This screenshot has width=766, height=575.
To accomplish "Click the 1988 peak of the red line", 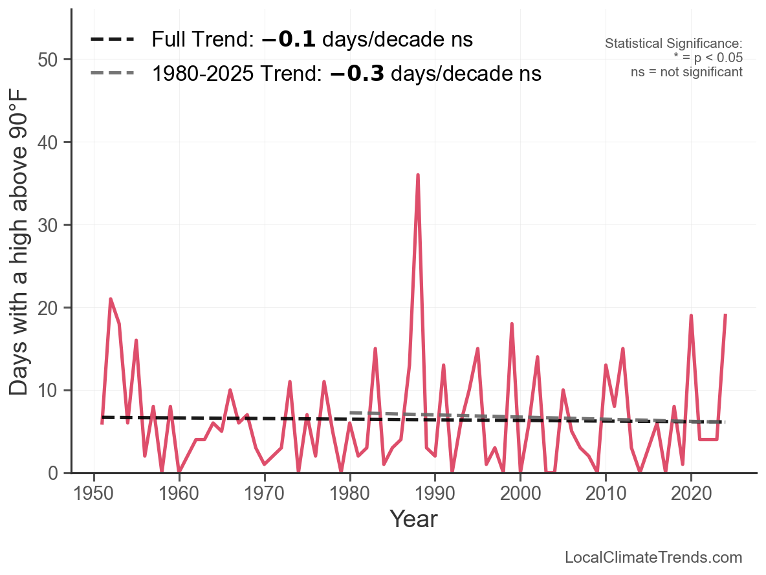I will coord(418,175).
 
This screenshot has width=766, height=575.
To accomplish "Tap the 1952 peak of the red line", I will coord(111,299).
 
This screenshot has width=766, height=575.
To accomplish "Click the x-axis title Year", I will coord(413,519).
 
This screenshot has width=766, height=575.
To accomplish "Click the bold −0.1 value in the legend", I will coord(289,40).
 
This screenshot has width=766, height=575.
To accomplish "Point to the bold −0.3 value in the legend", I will coord(357,74).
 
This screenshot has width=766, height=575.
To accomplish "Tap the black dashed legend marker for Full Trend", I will coord(112,40).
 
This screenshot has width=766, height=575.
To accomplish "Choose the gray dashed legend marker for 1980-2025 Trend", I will coord(112,73).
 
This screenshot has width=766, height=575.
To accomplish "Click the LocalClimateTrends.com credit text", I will coord(653,558).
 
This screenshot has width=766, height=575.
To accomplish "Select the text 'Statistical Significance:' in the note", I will coord(673,44).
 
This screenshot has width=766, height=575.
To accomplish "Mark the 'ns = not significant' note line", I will coord(686,72).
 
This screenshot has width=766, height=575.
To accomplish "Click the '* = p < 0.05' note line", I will coord(708,58).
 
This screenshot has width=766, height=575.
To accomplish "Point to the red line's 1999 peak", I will coord(512,324).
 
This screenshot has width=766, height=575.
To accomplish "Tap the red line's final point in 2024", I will coord(725,315).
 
